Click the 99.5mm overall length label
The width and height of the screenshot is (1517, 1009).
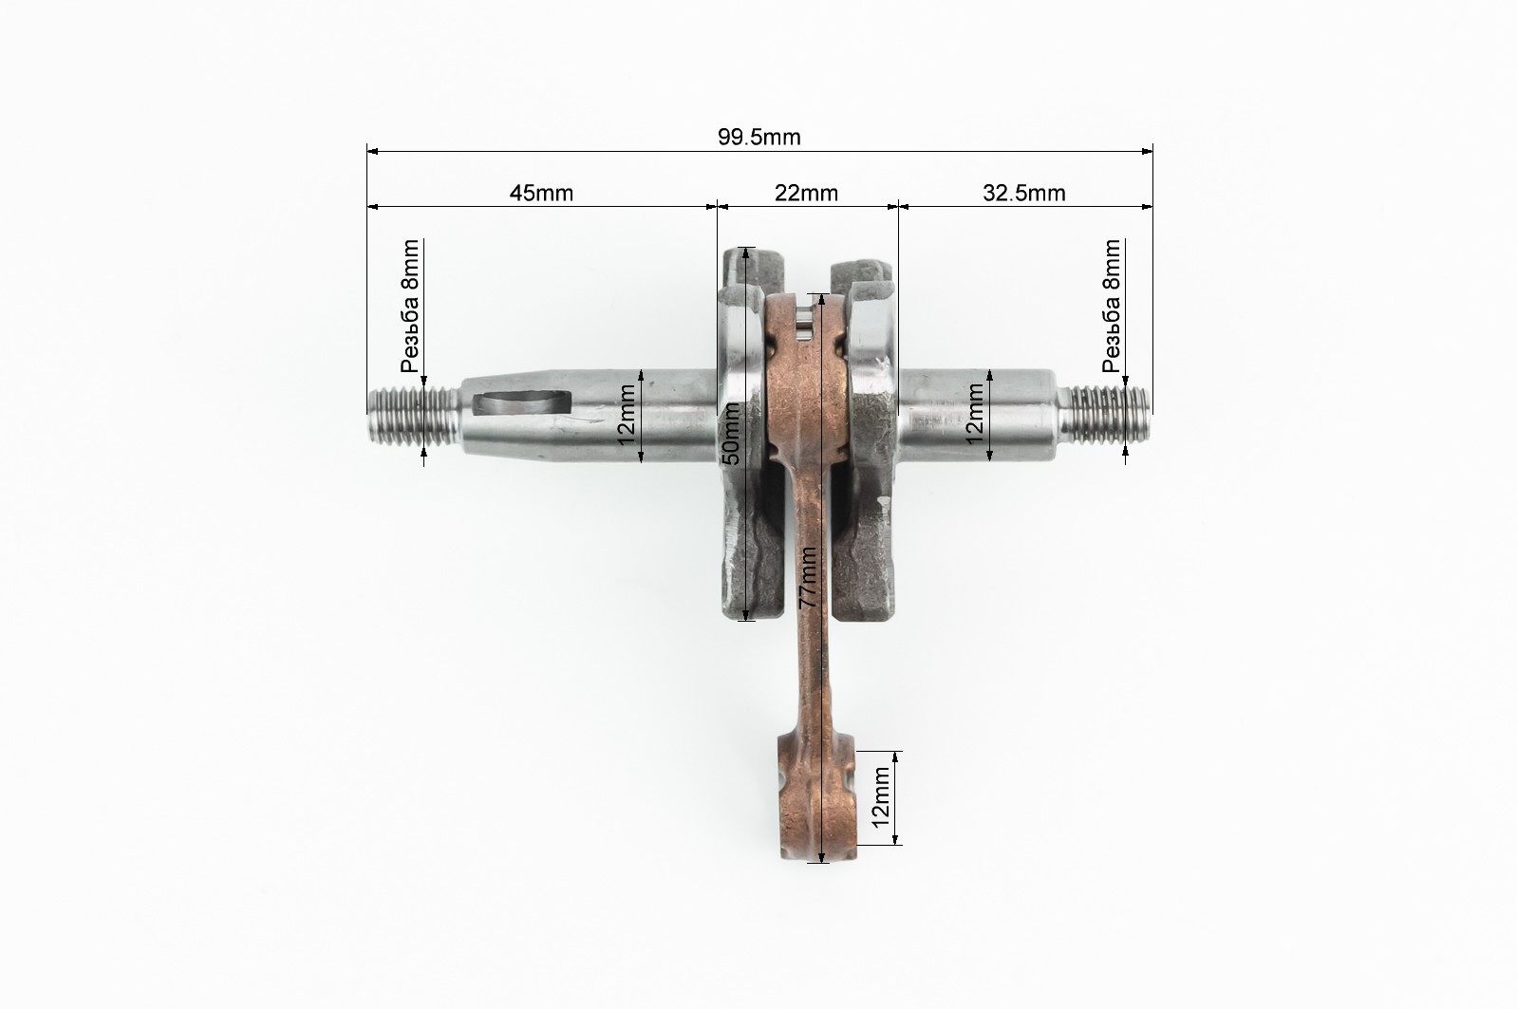(x=759, y=138)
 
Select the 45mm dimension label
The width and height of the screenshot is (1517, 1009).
(x=541, y=194)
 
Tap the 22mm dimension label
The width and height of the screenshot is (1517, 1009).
(x=806, y=194)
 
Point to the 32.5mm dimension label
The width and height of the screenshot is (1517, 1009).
(x=1024, y=194)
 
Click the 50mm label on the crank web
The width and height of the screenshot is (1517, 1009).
(x=731, y=434)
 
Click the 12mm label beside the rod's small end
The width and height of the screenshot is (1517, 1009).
(x=880, y=797)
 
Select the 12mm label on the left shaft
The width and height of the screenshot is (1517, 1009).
(x=627, y=415)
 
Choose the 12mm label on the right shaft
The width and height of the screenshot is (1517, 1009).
(x=975, y=414)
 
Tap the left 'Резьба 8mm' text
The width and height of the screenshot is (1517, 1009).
(x=410, y=306)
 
